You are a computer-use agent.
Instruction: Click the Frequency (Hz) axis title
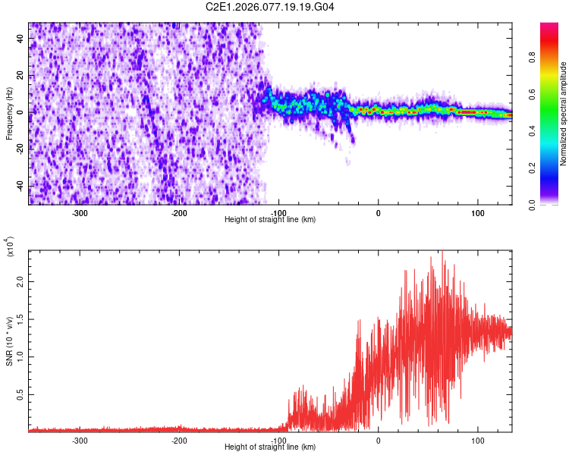pos(10,113)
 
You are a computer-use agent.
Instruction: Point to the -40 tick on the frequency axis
pos(18,186)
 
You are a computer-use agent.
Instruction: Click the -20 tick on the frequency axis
pos(18,149)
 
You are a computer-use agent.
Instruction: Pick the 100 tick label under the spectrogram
pos(477,212)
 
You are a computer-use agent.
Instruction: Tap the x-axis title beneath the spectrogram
pos(270,219)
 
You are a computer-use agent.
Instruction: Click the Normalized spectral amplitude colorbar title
pos(564,114)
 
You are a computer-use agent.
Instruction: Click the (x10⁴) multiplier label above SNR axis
pos(10,246)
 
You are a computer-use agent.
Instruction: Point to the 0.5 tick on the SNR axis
pos(18,395)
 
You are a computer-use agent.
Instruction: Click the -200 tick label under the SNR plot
pos(180,440)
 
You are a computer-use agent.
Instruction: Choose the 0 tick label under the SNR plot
pos(379,440)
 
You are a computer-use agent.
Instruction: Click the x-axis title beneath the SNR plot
pos(270,447)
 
